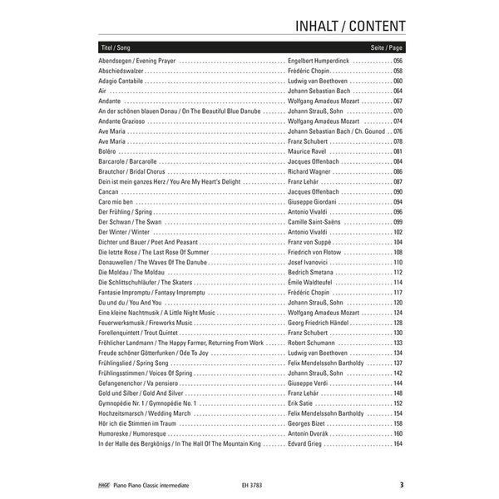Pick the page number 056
[398, 62]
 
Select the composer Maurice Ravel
[309, 151]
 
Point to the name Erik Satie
[304, 403]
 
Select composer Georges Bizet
[309, 423]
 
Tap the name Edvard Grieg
[307, 443]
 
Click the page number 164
[398, 443]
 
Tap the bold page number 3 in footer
[401, 484]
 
